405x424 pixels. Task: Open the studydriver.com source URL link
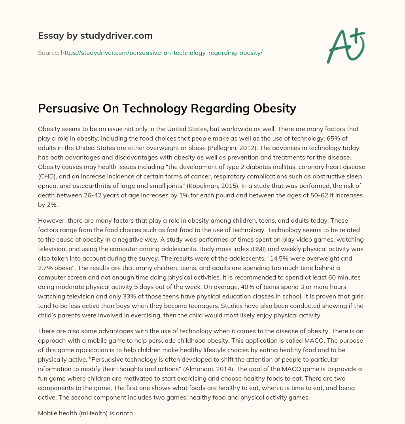pyautogui.click(x=161, y=53)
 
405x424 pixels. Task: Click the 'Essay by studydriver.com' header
pyautogui.click(x=95, y=36)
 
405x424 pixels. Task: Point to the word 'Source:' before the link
pyautogui.click(x=48, y=53)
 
